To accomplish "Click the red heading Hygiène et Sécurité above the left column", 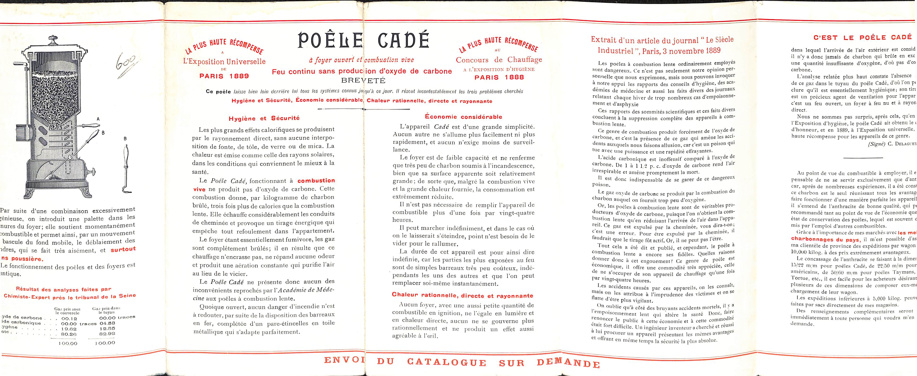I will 264,118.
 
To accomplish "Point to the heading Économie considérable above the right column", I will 463,117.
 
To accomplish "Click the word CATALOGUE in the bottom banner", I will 446,363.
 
